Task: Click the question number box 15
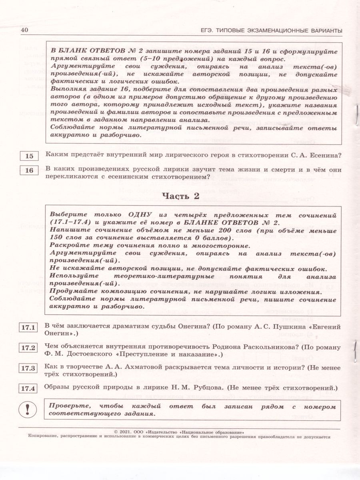click(30, 156)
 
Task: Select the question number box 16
click(30, 170)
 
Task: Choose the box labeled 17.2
click(28, 348)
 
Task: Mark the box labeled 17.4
click(28, 388)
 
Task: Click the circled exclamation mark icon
click(28, 409)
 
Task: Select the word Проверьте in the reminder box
click(67, 406)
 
